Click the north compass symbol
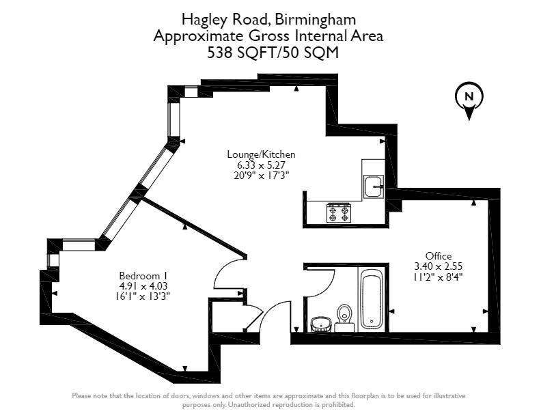[x=469, y=100]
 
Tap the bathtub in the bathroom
[x=372, y=298]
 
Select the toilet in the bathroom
[x=344, y=316]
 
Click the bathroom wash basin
[x=320, y=322]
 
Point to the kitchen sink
[x=372, y=186]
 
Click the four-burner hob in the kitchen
[x=339, y=213]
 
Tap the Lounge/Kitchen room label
[x=262, y=155]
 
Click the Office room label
[x=438, y=256]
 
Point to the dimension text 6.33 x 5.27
[x=262, y=165]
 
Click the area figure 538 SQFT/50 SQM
[x=273, y=53]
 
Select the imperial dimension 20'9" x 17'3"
[x=262, y=175]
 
